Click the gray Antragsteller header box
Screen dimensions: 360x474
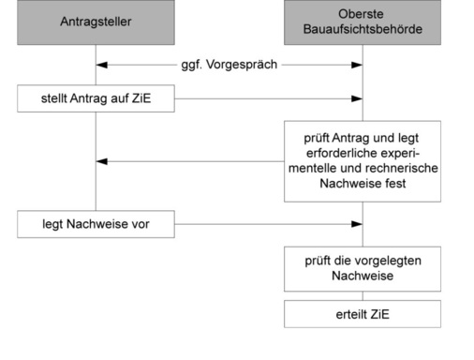click(x=95, y=22)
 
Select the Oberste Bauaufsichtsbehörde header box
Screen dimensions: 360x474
click(x=363, y=22)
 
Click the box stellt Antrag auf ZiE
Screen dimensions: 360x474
click(x=95, y=97)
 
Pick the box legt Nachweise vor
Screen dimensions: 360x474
click(x=95, y=224)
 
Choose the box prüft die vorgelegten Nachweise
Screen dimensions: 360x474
click(x=363, y=269)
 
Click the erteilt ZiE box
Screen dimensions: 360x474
click(x=363, y=314)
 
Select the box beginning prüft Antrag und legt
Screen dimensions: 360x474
click(x=363, y=160)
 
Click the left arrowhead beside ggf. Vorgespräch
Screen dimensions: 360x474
click(x=101, y=66)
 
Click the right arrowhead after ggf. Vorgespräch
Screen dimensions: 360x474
click(x=357, y=66)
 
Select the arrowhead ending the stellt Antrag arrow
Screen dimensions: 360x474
click(x=357, y=97)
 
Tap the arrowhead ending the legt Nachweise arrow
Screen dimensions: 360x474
click(x=357, y=224)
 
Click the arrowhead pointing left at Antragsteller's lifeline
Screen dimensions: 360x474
click(x=101, y=161)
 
